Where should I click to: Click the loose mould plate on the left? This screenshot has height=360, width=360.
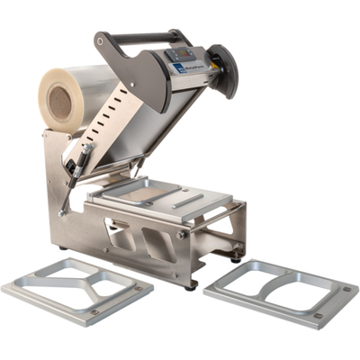77,289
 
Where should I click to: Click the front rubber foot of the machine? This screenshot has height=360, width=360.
192,285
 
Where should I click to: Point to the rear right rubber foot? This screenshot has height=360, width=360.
235,257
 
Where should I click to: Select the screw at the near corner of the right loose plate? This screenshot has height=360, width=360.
317,315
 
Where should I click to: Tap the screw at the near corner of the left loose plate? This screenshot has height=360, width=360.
93,313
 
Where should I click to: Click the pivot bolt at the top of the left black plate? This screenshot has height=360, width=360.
101,40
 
